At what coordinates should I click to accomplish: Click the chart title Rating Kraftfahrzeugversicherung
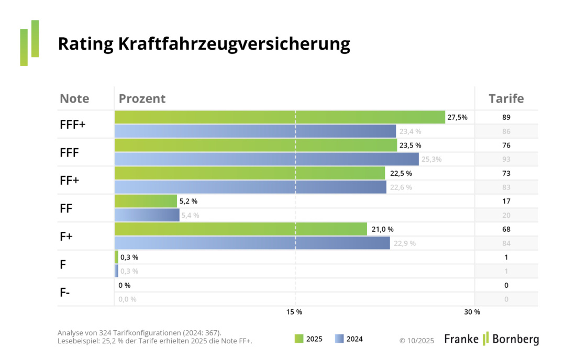pos(204,44)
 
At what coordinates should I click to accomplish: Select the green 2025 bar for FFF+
pos(280,117)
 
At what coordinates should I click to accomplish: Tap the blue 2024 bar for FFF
pos(267,159)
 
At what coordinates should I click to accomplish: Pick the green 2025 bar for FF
pos(146,201)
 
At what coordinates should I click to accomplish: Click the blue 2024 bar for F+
pos(252,243)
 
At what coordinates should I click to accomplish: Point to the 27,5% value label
pos(457,117)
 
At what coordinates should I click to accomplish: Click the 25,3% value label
pos(431,159)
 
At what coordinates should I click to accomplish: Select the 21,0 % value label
pos(382,229)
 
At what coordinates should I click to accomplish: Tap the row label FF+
pos(70,180)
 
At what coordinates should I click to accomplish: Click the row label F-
pos(65,292)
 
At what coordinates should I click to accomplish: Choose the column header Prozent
pos(142,98)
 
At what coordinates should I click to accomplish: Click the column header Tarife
pos(506,98)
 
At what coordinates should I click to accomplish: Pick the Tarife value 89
pos(506,117)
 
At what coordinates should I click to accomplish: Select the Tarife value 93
pos(506,159)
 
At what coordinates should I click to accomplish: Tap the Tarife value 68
pos(506,229)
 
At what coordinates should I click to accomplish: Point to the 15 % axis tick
pos(294,312)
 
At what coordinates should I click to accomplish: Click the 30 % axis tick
pos(472,312)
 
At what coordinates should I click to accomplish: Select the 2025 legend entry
pos(309,339)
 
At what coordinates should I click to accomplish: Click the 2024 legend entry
pos(349,339)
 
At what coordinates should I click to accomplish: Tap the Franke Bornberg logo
pos(491,339)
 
